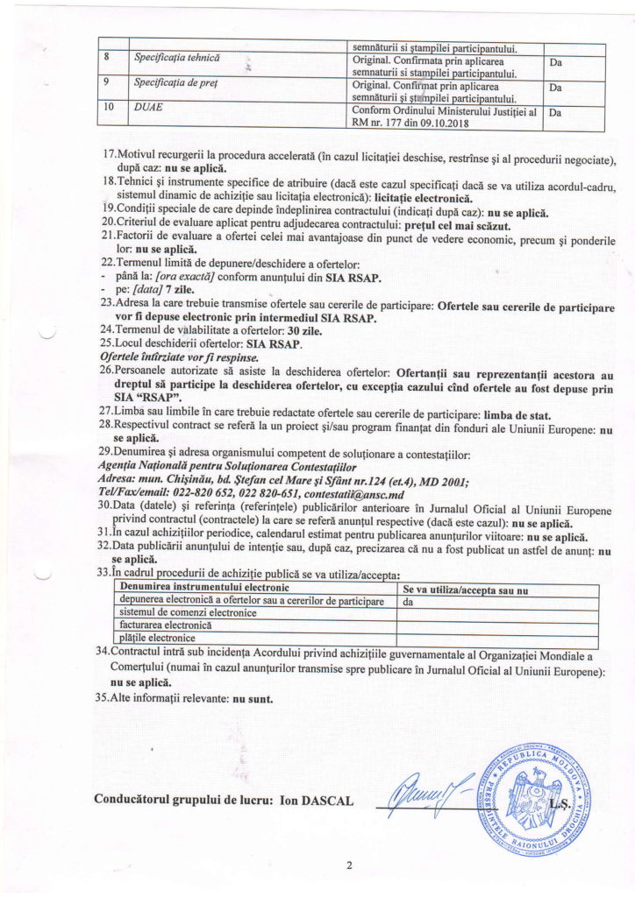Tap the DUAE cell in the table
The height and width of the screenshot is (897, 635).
point(148,111)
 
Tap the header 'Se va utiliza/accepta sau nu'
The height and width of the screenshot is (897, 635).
point(466,589)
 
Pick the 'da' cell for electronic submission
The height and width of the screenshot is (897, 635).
point(408,602)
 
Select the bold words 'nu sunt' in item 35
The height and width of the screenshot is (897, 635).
point(252,700)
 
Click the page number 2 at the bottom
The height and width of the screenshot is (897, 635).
point(349,867)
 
